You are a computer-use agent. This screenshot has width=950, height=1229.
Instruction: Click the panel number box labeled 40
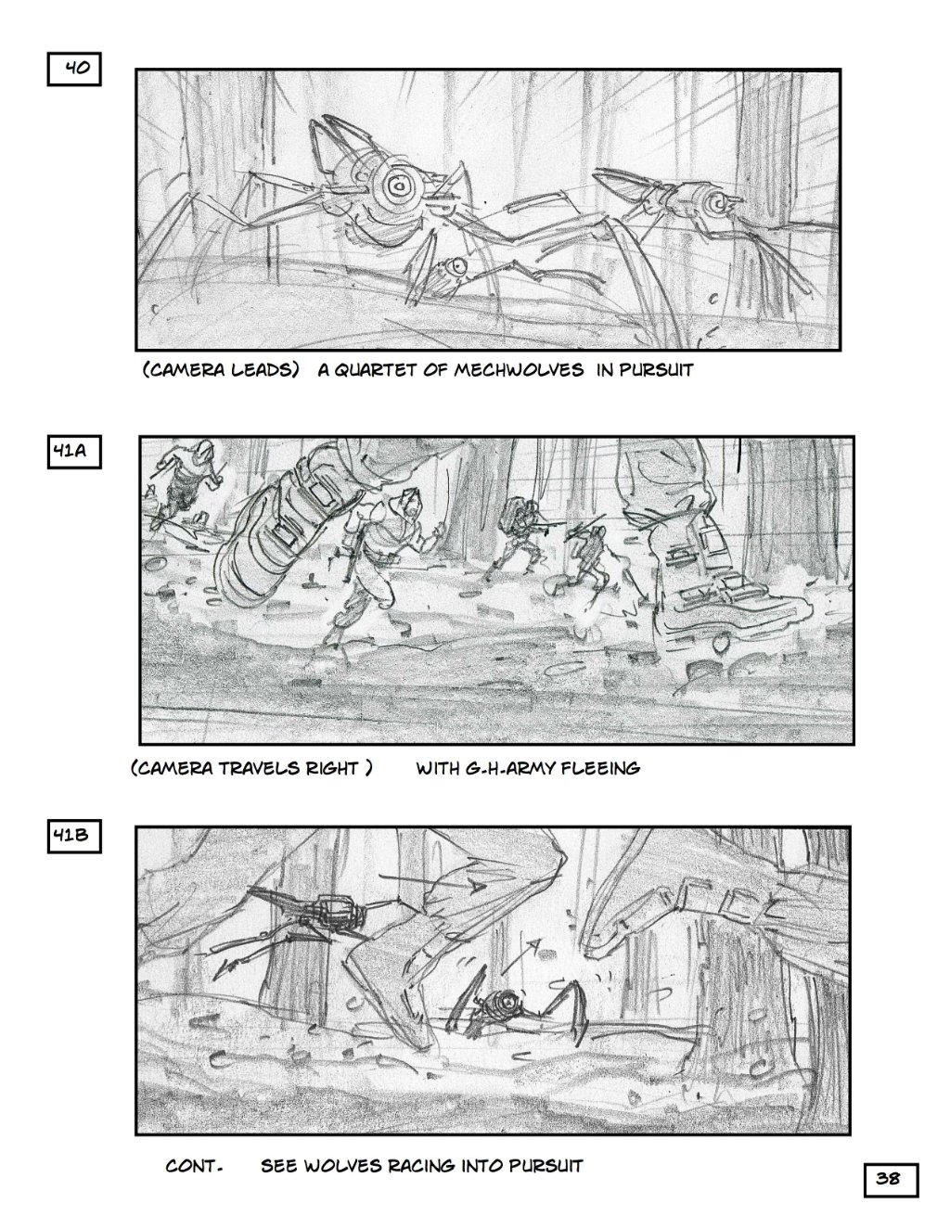[x=73, y=69]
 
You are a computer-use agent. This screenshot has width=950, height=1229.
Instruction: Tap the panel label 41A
[x=74, y=452]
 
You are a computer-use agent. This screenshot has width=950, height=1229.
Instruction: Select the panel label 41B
[x=74, y=836]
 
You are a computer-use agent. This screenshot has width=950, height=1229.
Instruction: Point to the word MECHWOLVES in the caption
[x=520, y=370]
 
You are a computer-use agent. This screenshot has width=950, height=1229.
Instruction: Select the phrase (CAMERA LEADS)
[x=221, y=370]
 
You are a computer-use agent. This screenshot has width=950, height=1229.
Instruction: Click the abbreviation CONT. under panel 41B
[x=194, y=1166]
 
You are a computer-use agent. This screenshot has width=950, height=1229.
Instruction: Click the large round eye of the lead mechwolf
[x=399, y=186]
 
